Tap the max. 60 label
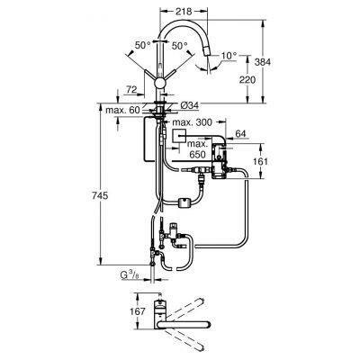click(121, 109)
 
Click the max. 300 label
click(193, 121)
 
